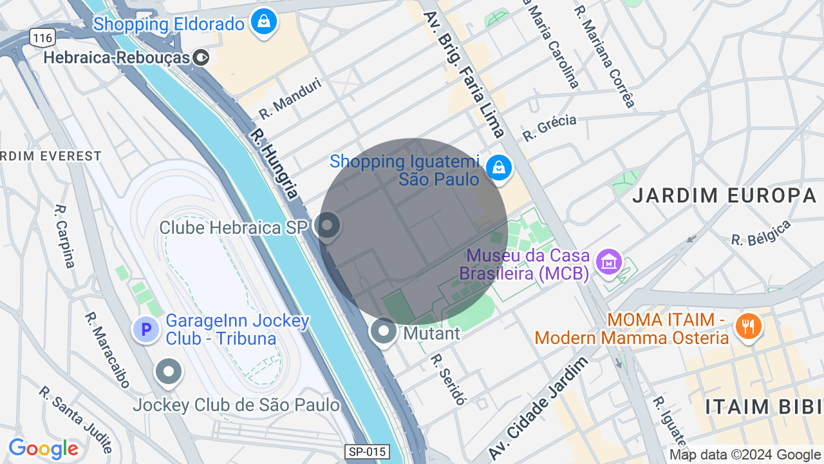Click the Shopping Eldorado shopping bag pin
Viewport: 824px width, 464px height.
pyautogui.click(x=263, y=22)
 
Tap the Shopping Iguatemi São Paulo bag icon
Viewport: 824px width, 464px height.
pyautogui.click(x=498, y=168)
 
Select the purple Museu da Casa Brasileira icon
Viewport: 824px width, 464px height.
pyautogui.click(x=608, y=262)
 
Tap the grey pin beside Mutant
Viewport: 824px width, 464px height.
pyautogui.click(x=384, y=332)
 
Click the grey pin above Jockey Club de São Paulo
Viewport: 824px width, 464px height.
pyautogui.click(x=169, y=372)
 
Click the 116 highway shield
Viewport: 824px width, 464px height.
pyautogui.click(x=42, y=38)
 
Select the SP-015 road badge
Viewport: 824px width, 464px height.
pyautogui.click(x=367, y=452)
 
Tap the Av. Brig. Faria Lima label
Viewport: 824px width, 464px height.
pyautogui.click(x=464, y=74)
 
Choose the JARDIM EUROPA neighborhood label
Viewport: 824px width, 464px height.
pyautogui.click(x=724, y=195)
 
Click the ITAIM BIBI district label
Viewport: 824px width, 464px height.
pyautogui.click(x=763, y=407)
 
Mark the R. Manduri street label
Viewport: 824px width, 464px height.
pyautogui.click(x=290, y=99)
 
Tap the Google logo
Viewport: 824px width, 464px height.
pyautogui.click(x=43, y=449)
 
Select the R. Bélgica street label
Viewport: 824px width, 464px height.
pyautogui.click(x=761, y=233)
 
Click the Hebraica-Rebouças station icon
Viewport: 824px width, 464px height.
pyautogui.click(x=201, y=58)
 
